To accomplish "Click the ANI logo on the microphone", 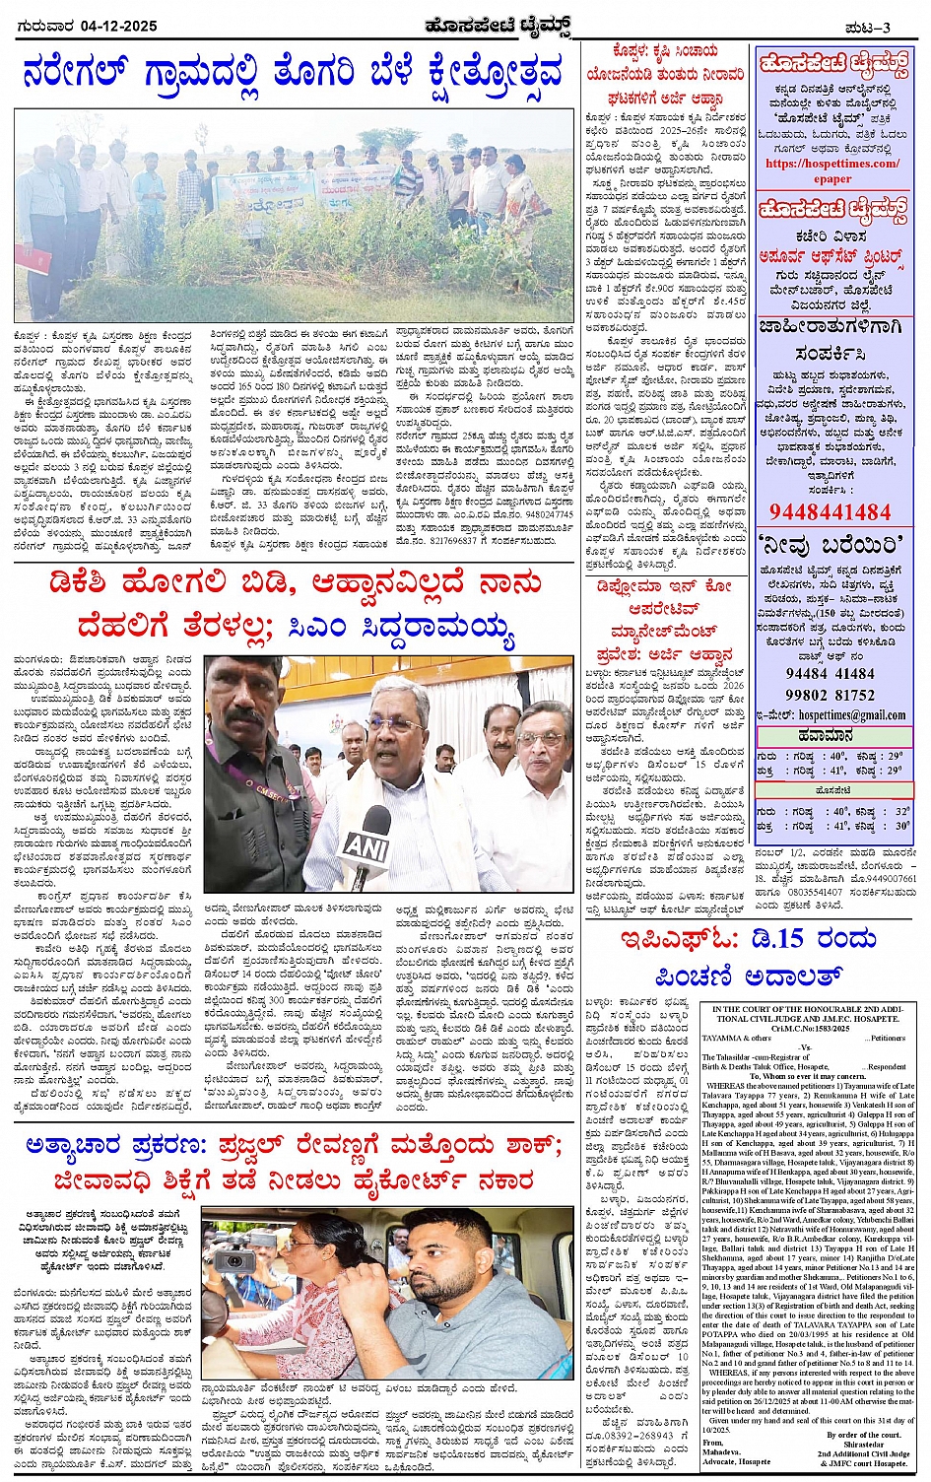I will click(x=366, y=843).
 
